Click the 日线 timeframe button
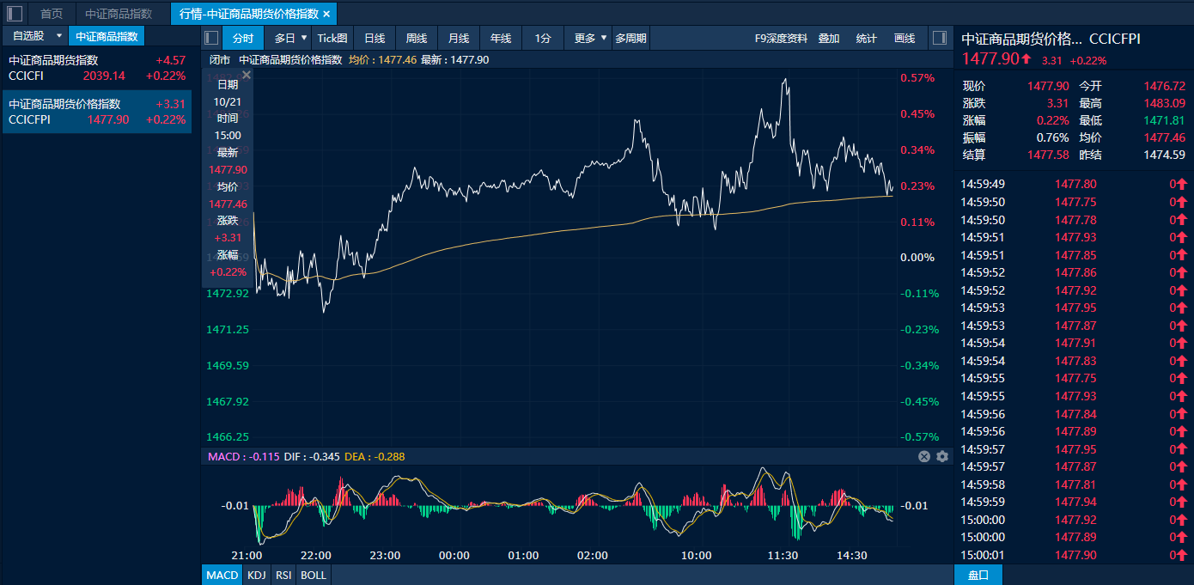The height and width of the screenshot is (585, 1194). tap(374, 38)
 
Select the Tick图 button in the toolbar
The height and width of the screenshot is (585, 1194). tap(332, 38)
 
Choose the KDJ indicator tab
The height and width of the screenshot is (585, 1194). tap(256, 575)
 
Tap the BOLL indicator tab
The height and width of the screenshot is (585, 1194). tap(314, 575)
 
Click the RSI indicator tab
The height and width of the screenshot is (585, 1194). tap(283, 575)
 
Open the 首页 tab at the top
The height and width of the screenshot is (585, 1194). tap(52, 14)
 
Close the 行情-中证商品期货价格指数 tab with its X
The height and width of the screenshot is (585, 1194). tap(326, 14)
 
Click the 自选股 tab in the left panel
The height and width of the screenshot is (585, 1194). tap(28, 36)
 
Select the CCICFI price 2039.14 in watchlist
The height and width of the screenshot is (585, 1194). tap(104, 76)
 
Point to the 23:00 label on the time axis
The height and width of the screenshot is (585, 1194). tap(385, 556)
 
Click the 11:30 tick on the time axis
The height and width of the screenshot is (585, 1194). tap(783, 556)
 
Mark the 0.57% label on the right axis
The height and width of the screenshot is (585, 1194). tap(917, 78)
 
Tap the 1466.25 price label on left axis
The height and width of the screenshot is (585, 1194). tap(228, 437)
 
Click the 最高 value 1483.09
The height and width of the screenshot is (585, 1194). tap(1164, 103)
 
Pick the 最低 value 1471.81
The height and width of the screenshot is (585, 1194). tap(1164, 120)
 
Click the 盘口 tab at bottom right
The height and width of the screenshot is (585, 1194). tap(978, 575)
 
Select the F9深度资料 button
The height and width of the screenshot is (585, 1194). tap(781, 38)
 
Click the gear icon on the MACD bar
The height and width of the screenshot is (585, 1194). tap(942, 456)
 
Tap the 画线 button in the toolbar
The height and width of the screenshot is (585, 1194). tap(905, 38)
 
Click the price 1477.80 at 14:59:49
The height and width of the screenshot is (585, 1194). tap(1075, 184)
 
